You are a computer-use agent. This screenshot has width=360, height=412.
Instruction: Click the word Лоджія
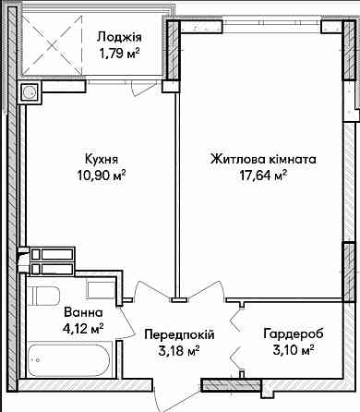pyautogui.click(x=119, y=37)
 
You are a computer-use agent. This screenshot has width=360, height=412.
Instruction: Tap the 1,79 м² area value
pyautogui.click(x=119, y=55)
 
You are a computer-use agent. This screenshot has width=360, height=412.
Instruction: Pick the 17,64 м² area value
pyautogui.click(x=263, y=176)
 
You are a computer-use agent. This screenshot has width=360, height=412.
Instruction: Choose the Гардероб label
pyautogui.click(x=289, y=334)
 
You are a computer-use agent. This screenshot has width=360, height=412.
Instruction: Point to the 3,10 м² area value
pyautogui.click(x=289, y=351)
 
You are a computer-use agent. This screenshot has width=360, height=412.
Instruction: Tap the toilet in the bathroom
pyautogui.click(x=44, y=297)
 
